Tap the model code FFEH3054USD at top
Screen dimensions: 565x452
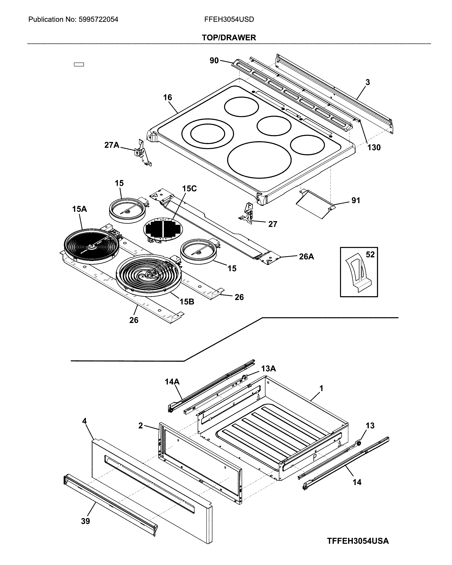tap(229, 19)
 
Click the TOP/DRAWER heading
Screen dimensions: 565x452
tap(229, 38)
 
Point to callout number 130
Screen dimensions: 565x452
tap(374, 148)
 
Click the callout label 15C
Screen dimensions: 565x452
tap(189, 189)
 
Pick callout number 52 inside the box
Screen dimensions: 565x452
tap(370, 254)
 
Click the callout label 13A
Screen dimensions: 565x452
tap(268, 369)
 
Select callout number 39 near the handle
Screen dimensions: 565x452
tap(85, 521)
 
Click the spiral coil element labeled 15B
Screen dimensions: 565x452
tap(148, 275)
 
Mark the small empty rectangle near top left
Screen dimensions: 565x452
tap(79, 64)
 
